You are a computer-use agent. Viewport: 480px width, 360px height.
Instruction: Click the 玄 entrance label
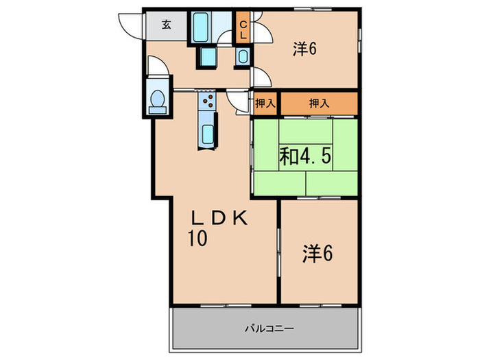click(x=167, y=25)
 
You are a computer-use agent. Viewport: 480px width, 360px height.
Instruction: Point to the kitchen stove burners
click(x=207, y=101)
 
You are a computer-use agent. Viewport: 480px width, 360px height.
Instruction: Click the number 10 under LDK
click(x=199, y=239)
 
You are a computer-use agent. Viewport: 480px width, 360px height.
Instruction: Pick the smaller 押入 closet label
click(x=265, y=104)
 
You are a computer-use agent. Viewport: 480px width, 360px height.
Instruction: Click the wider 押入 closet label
click(x=318, y=104)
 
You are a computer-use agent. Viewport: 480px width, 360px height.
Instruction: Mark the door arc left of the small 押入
click(x=240, y=102)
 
